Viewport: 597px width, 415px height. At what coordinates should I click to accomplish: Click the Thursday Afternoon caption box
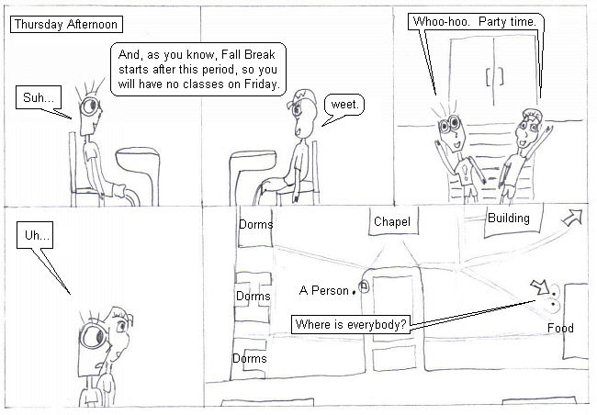point(66,25)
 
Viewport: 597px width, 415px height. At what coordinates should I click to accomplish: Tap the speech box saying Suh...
point(39,97)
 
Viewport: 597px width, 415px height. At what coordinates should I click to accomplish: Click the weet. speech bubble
point(344,105)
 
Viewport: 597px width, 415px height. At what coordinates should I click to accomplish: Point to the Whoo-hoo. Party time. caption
point(475,22)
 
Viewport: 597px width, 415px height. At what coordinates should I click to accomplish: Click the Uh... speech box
point(35,235)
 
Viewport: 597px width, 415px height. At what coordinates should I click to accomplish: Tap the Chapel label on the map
point(392,221)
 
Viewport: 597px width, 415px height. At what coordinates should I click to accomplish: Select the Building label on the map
point(509,219)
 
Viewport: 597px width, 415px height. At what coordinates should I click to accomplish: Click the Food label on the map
point(560,328)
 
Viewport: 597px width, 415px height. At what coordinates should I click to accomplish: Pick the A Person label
point(324,290)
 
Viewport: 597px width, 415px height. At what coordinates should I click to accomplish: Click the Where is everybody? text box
point(351,324)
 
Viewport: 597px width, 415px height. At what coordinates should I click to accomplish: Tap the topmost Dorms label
point(256,224)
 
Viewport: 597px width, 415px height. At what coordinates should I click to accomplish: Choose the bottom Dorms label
point(250,358)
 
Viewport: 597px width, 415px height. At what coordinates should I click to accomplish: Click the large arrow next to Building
point(573,218)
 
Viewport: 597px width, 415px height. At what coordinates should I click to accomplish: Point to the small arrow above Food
point(540,287)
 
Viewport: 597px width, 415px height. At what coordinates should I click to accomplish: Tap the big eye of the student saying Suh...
point(90,107)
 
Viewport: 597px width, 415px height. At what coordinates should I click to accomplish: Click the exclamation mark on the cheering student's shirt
point(466,172)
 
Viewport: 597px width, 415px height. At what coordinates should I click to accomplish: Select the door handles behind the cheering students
point(494,76)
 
